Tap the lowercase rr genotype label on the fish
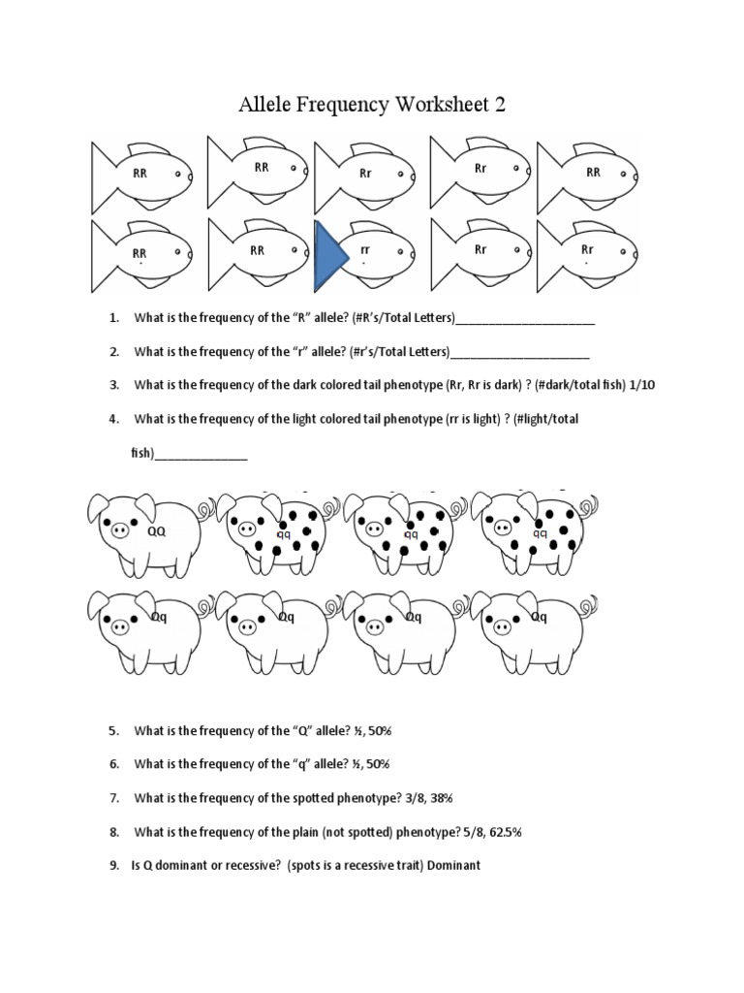(365, 249)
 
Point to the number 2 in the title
(500, 105)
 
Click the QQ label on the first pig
(156, 531)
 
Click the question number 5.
(113, 730)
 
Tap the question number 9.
(113, 865)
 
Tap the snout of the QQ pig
(120, 530)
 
